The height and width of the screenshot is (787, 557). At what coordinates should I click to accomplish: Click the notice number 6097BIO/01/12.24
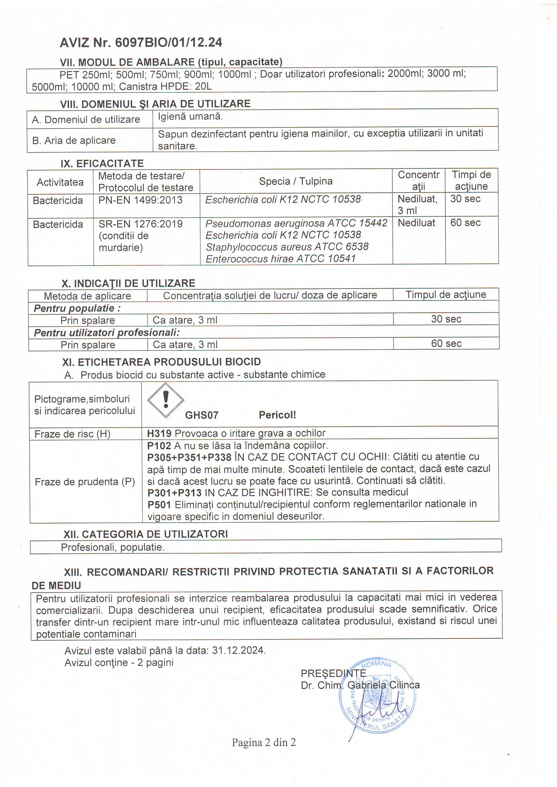168,43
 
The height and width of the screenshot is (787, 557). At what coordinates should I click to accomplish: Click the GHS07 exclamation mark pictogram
166,400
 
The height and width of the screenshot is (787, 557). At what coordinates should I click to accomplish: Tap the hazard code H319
159,433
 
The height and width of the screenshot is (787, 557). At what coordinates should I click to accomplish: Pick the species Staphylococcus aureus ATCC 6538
287,246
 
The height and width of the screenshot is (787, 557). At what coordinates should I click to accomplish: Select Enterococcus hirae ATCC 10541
280,259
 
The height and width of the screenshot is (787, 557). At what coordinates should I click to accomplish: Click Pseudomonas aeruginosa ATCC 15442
296,223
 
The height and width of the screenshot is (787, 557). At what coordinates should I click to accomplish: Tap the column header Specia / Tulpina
296,181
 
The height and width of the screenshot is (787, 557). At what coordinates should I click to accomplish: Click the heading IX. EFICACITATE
102,163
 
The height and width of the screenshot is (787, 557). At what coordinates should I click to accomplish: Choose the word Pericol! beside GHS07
277,415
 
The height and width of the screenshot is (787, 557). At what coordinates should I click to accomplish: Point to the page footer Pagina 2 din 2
263,742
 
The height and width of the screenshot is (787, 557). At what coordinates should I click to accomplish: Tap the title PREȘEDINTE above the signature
334,673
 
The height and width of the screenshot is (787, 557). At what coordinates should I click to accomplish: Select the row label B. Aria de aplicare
74,140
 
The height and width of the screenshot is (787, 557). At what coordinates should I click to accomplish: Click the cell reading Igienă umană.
190,116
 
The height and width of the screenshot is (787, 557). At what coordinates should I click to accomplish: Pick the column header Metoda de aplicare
87,296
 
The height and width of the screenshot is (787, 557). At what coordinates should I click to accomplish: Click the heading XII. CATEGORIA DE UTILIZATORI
145,534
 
